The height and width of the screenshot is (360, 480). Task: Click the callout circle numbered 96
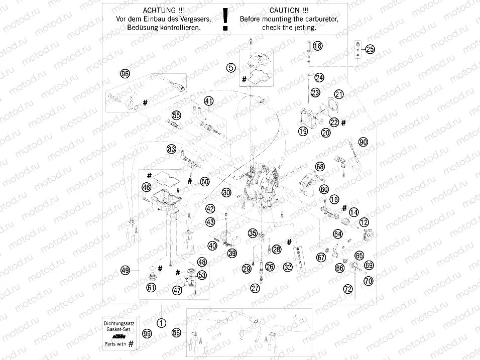(125, 74)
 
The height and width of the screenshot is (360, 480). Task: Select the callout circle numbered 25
(370, 49)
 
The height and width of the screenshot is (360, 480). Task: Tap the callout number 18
(317, 46)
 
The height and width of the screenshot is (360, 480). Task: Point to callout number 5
(230, 67)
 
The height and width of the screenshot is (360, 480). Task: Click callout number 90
(363, 142)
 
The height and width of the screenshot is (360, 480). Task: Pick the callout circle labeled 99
(146, 333)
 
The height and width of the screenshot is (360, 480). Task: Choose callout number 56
(176, 333)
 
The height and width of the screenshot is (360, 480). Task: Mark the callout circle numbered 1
(161, 323)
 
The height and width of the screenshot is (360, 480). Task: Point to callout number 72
(347, 289)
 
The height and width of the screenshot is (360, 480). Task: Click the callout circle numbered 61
(151, 288)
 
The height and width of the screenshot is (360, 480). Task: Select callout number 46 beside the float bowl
(146, 187)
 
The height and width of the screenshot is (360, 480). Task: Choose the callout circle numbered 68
(320, 167)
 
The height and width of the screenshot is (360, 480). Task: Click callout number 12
(364, 222)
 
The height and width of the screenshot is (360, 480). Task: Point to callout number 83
(172, 149)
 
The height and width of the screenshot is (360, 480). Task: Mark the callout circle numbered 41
(208, 101)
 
